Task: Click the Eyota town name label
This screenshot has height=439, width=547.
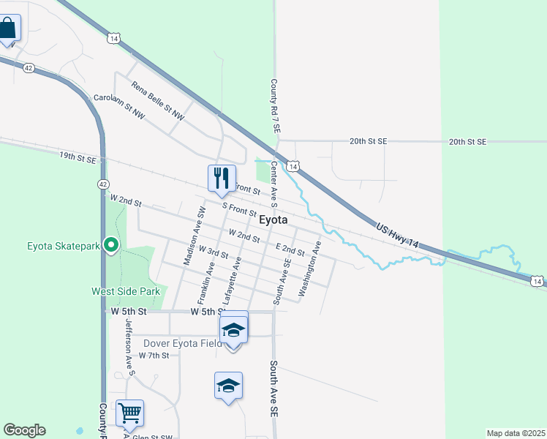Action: point(272,219)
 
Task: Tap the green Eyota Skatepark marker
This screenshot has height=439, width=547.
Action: point(111,245)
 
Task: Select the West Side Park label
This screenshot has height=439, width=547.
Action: point(125,291)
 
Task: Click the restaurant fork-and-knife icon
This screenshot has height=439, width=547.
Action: point(221,178)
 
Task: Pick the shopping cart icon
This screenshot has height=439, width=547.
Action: point(129,413)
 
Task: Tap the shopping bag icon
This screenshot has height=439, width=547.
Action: point(8,29)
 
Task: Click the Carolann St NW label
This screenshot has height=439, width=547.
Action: point(119,107)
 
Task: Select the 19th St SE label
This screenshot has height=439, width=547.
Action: point(78,157)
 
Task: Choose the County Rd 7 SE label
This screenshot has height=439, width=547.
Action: point(276,106)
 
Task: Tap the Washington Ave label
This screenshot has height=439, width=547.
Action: point(309,270)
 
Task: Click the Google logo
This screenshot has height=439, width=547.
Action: point(24,430)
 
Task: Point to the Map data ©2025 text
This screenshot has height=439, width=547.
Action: point(515,433)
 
